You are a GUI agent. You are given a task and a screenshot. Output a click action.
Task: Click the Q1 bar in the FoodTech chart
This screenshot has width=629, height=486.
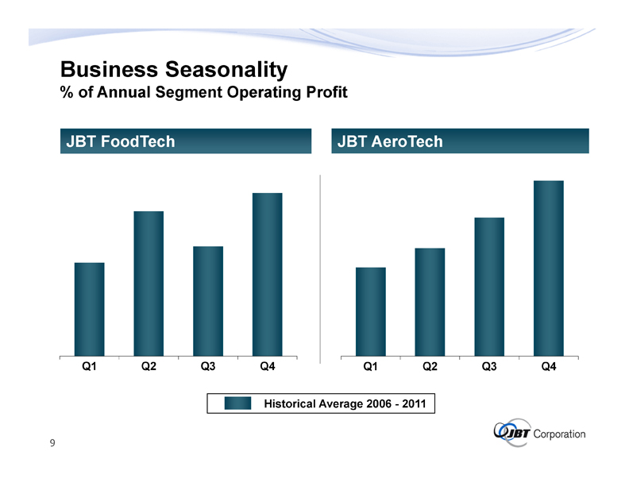pos(89,310)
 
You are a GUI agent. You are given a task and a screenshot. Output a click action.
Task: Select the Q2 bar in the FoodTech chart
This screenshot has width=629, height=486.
pos(149,284)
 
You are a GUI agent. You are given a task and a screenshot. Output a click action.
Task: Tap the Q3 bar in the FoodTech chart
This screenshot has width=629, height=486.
pos(208,302)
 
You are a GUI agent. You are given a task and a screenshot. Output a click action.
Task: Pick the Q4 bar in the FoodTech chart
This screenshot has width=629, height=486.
pos(268,275)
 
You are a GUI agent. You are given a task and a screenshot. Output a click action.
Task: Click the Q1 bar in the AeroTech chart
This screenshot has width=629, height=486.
pos(371,312)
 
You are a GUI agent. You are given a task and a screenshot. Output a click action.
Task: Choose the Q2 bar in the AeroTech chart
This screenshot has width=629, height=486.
pos(430,303)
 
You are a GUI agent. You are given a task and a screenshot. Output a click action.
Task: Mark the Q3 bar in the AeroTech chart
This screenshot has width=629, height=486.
pos(489,287)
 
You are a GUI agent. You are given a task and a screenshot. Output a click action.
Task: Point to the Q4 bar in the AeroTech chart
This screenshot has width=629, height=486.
pos(549,269)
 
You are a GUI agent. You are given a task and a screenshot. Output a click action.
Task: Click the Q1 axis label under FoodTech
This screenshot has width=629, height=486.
pos(90,367)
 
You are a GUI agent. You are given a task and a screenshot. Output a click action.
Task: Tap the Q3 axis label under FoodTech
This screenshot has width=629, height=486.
pos(208,367)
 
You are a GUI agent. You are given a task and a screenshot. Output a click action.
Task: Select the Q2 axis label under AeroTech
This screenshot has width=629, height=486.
pos(430,367)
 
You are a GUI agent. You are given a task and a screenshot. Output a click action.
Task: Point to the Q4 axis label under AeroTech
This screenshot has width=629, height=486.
pos(549,367)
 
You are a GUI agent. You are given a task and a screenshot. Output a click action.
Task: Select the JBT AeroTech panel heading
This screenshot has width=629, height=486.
pos(390,141)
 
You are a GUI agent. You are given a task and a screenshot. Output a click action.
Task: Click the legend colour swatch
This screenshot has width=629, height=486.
pos(237,404)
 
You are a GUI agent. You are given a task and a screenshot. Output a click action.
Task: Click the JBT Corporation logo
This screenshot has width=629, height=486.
pos(540,433)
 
